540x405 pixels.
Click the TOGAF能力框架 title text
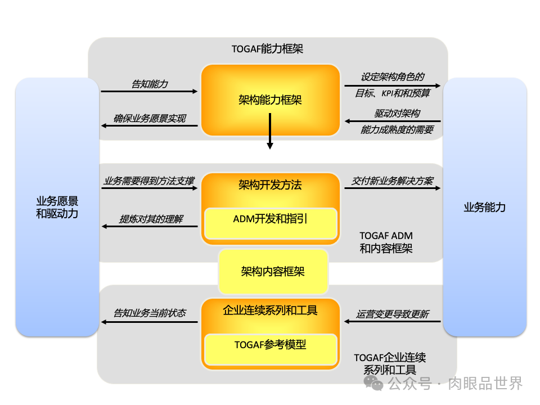[267, 49]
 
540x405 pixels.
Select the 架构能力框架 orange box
[271, 100]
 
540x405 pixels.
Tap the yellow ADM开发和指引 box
[271, 219]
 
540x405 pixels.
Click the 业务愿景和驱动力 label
[57, 207]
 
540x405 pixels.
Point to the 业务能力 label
[484, 207]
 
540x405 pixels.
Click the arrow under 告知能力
[149, 91]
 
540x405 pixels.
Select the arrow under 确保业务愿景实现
[149, 125]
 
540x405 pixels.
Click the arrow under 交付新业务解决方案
[392, 188]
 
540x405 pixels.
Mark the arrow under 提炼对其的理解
[149, 226]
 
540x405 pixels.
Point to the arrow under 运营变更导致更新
[392, 321]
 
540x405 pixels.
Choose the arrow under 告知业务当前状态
[149, 322]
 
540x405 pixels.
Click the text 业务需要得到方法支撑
[149, 181]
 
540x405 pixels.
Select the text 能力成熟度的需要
[397, 130]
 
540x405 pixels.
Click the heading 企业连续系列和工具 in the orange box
[271, 310]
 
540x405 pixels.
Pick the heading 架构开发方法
[271, 184]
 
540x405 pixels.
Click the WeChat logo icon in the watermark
[373, 384]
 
